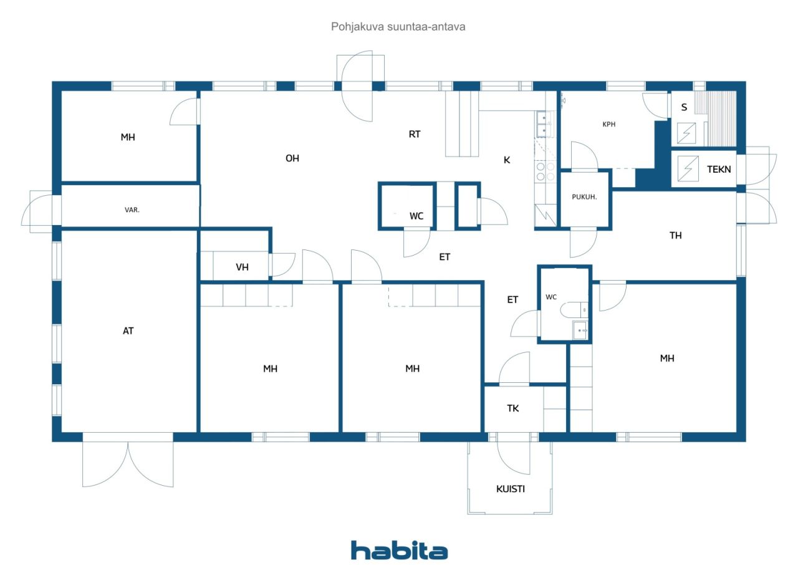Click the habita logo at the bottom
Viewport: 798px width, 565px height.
tap(399, 550)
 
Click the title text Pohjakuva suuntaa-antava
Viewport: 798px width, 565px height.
tap(398, 27)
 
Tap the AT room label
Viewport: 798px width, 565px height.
tap(128, 331)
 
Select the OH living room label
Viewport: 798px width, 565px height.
tap(292, 158)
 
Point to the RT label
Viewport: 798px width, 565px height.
tap(415, 133)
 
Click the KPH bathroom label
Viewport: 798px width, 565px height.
tap(609, 124)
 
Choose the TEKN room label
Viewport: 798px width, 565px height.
tap(718, 168)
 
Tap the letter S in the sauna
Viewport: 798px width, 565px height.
tap(684, 107)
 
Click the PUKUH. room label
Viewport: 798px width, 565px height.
tap(585, 196)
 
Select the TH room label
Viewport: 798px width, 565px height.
tap(676, 235)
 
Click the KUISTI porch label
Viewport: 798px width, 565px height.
tap(511, 489)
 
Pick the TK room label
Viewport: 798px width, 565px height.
tap(512, 408)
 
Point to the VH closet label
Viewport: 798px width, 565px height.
tap(242, 267)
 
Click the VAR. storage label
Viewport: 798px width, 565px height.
tap(132, 210)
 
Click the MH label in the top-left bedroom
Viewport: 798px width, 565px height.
tap(128, 137)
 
